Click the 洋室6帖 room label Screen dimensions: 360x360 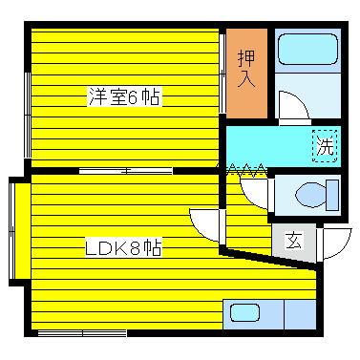[x=124, y=96]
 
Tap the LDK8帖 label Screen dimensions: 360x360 [x=124, y=247]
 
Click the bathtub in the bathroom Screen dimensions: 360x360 [x=307, y=49]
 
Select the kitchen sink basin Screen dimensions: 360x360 [x=245, y=311]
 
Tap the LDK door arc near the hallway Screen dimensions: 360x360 [x=205, y=225]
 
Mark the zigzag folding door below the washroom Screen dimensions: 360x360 [x=246, y=169]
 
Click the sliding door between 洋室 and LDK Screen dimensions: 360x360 [x=125, y=170]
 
